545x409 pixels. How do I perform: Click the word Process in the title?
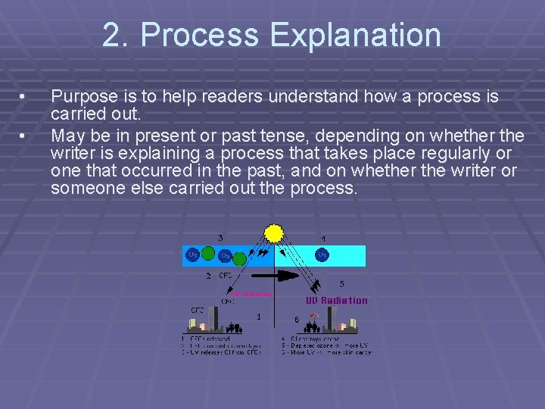[x=193, y=36]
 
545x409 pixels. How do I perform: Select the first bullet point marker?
[x=23, y=98]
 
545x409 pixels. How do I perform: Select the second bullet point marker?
[x=23, y=136]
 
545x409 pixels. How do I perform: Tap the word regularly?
[x=452, y=154]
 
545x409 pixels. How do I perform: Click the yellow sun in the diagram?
[x=273, y=233]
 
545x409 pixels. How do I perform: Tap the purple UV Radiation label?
[x=336, y=300]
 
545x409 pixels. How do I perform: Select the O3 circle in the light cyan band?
[x=322, y=255]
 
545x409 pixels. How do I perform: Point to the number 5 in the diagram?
[x=342, y=284]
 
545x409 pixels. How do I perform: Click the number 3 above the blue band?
[x=220, y=238]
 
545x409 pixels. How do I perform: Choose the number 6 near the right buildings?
[x=297, y=320]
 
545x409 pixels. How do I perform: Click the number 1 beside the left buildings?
[x=259, y=317]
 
